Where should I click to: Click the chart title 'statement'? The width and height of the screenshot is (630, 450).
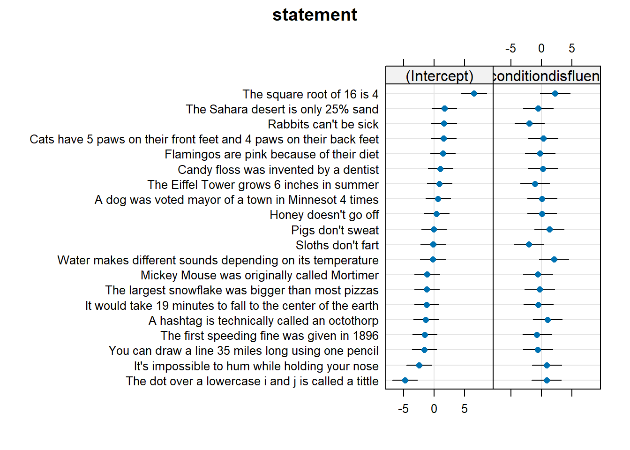click(315, 15)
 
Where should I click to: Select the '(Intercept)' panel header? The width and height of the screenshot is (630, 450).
click(439, 76)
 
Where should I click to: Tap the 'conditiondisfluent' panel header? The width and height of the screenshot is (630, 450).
click(547, 76)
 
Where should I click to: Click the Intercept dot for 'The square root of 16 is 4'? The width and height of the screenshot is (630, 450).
click(474, 93)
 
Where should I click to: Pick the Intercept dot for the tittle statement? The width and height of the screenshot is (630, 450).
click(405, 380)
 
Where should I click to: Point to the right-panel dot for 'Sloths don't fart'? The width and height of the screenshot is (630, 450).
click(529, 244)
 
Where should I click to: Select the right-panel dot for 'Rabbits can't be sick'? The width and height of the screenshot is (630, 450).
click(529, 123)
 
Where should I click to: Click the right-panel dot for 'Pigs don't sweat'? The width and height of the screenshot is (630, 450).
click(549, 229)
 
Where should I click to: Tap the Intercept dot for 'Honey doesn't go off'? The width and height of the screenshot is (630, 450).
click(436, 214)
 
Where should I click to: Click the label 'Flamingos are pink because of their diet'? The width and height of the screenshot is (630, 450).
click(271, 155)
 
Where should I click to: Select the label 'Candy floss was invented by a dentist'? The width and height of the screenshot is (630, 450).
click(278, 170)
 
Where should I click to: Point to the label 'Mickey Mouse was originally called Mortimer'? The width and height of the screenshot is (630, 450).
click(259, 275)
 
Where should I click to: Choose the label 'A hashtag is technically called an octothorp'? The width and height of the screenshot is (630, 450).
click(263, 321)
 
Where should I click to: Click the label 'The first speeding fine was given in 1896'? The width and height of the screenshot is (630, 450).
click(270, 336)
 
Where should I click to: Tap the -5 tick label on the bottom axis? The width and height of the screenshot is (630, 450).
click(403, 409)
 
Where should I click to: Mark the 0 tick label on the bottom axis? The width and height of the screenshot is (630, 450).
click(434, 409)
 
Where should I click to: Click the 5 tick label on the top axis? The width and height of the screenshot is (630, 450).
click(571, 48)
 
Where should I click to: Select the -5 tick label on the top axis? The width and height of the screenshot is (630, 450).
click(510, 48)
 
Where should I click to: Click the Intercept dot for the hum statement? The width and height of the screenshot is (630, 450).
click(419, 365)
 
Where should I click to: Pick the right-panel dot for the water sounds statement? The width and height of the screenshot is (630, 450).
click(554, 259)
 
